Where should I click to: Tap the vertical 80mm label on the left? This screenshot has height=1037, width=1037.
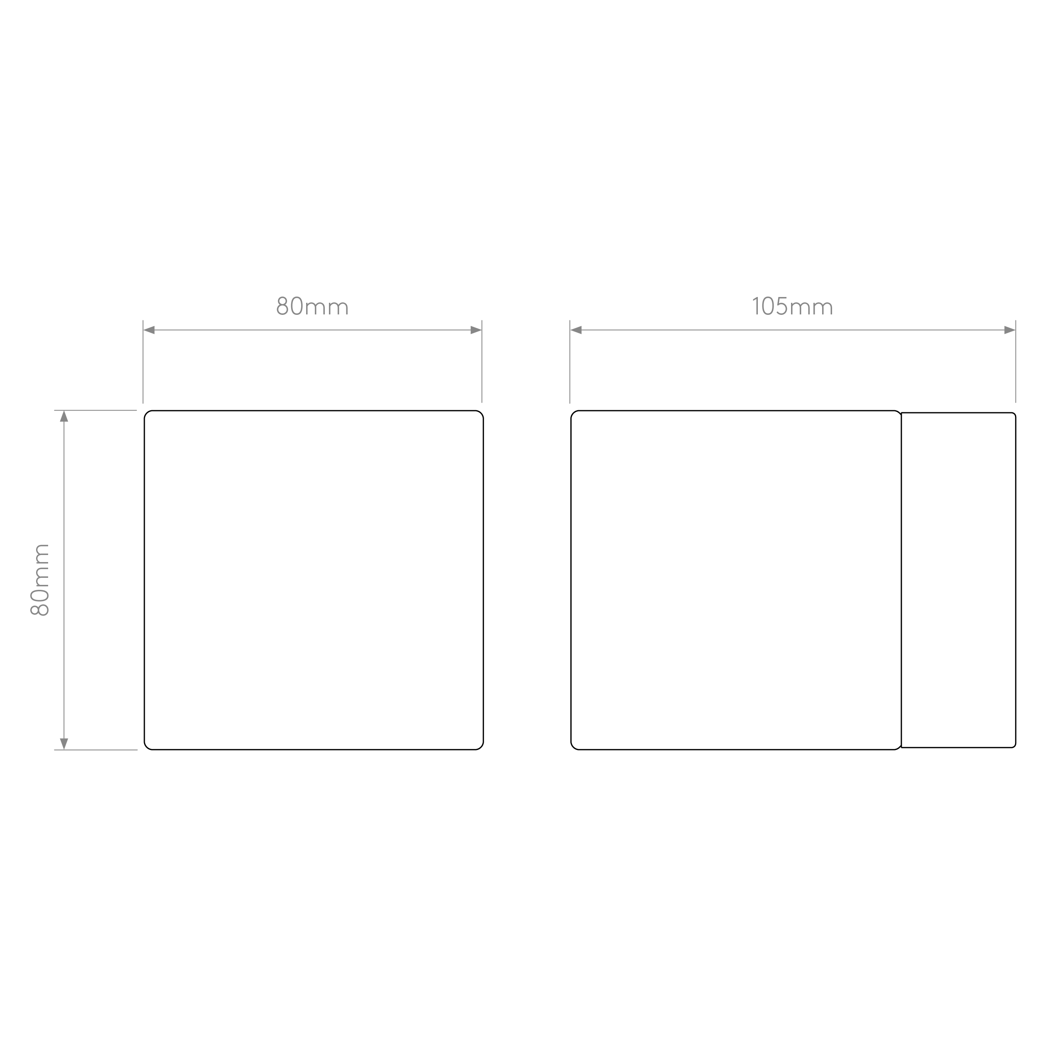point(40,580)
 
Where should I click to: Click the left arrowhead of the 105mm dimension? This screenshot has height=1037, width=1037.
point(576,330)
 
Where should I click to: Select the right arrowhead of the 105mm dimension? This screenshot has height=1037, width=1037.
point(1010,330)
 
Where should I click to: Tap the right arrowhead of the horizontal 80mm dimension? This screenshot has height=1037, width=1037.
point(476,330)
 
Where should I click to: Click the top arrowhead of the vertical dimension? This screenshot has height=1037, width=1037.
point(64,416)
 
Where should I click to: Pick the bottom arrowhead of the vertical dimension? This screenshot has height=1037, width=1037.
point(64,744)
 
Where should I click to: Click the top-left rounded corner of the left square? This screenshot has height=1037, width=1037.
point(146,413)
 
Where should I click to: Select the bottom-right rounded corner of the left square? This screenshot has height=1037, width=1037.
point(481,747)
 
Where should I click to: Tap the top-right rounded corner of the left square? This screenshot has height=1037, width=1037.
point(481,413)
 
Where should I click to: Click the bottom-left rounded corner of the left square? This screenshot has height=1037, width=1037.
point(146,747)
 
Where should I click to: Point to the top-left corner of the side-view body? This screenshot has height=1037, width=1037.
point(573,413)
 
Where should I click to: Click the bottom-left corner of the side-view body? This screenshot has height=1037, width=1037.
point(573,747)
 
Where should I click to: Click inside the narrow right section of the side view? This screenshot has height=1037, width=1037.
point(959,580)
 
